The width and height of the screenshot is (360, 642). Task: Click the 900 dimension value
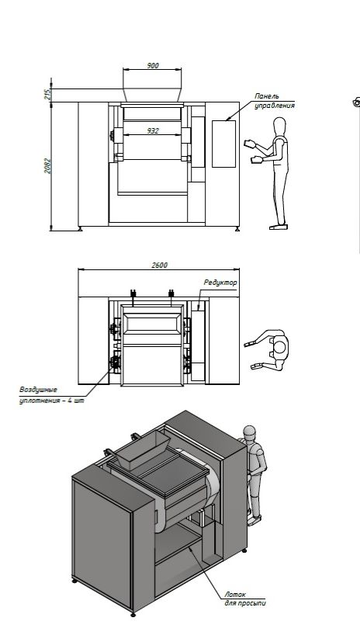[x=152, y=65]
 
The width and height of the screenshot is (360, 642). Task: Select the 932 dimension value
[x=153, y=131]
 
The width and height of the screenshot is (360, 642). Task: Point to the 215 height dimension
[x=47, y=95]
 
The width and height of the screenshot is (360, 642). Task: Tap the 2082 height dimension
[x=48, y=166]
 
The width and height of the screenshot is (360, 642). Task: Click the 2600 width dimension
[x=159, y=265]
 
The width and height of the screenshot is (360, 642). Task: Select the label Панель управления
[x=274, y=101]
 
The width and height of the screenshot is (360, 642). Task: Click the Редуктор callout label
[x=220, y=283]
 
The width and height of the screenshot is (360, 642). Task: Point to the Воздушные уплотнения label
[x=51, y=395]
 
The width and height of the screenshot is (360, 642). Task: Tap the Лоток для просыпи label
[x=244, y=599]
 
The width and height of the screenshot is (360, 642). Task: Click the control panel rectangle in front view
[x=223, y=144]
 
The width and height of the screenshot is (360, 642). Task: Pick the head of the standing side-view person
[x=279, y=125]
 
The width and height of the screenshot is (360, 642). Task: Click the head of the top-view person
[x=279, y=347]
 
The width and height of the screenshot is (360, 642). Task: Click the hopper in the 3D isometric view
[x=142, y=450]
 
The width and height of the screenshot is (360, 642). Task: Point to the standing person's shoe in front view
[x=279, y=227]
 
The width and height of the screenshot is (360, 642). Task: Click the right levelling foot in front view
[x=237, y=228]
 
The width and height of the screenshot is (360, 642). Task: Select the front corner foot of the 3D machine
[x=133, y=614]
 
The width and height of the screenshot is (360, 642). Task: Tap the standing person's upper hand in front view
[x=249, y=144]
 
